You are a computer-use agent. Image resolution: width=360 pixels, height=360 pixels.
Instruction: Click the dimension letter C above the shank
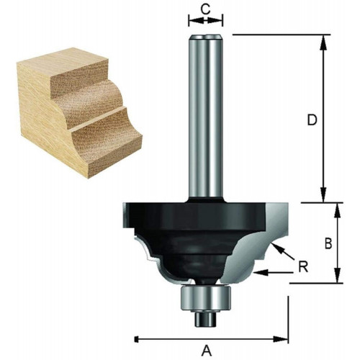(205, 9)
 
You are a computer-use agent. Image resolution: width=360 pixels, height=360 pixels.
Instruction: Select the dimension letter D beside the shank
(312, 120)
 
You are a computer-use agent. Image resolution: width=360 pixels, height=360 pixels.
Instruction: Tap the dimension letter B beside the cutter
(328, 244)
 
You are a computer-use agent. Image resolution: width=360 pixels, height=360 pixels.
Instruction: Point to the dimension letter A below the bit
(207, 351)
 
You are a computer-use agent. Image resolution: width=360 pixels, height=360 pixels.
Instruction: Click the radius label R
(303, 266)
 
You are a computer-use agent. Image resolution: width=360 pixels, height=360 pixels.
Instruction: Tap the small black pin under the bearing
(206, 318)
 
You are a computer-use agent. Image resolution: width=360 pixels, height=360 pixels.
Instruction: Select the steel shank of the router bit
(205, 117)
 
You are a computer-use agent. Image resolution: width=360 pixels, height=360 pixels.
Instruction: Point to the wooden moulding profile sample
(79, 113)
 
